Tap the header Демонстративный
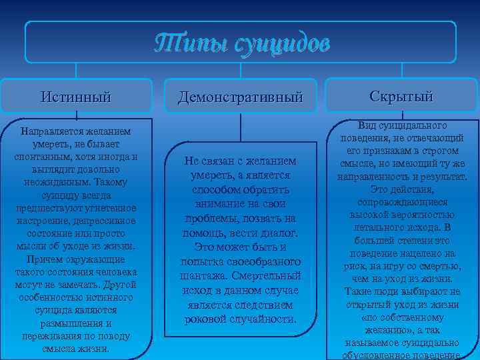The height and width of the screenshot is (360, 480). (240, 97)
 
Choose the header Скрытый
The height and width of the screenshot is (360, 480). (401, 96)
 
